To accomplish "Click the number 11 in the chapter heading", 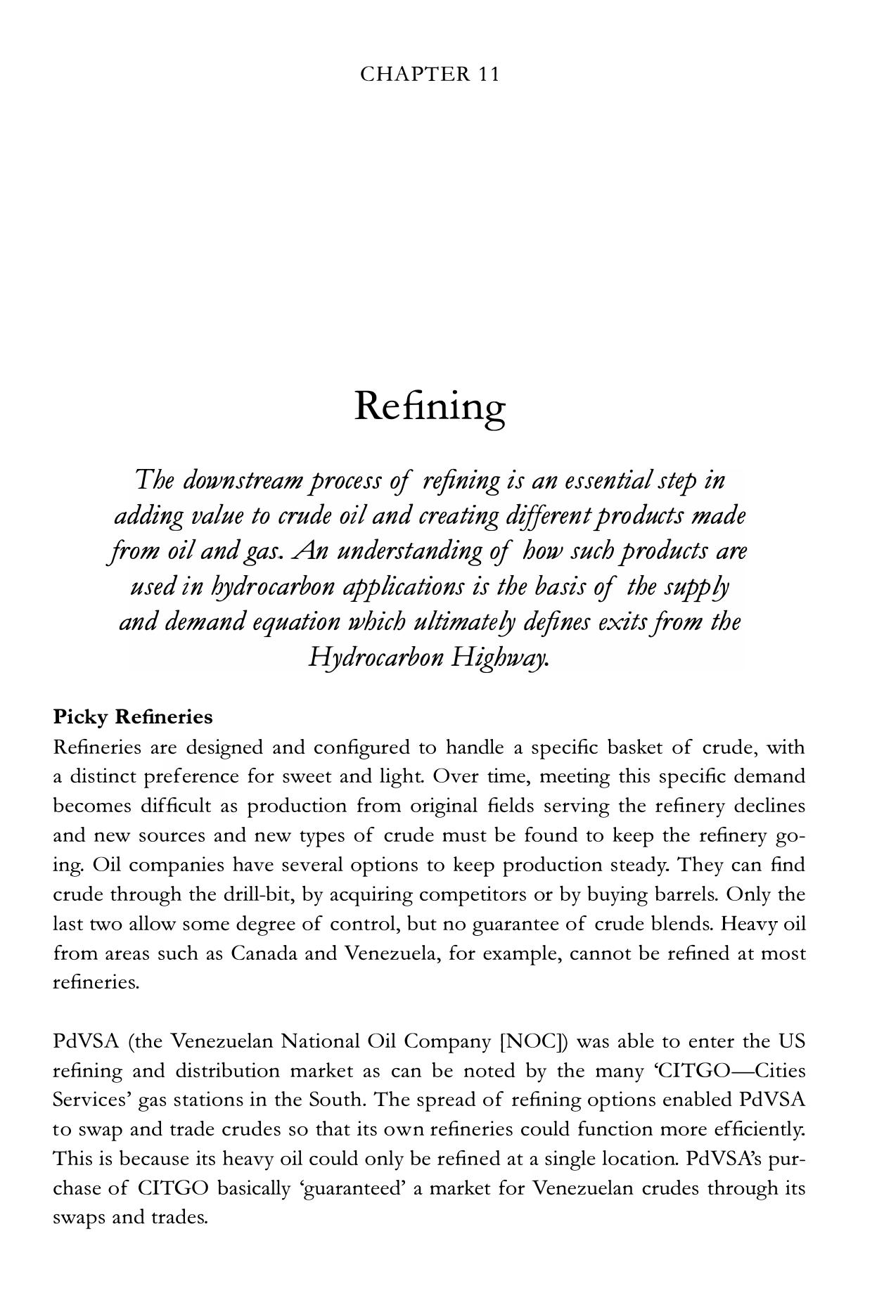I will tap(489, 75).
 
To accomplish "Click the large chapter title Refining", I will tap(430, 406).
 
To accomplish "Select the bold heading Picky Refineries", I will tap(133, 717).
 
